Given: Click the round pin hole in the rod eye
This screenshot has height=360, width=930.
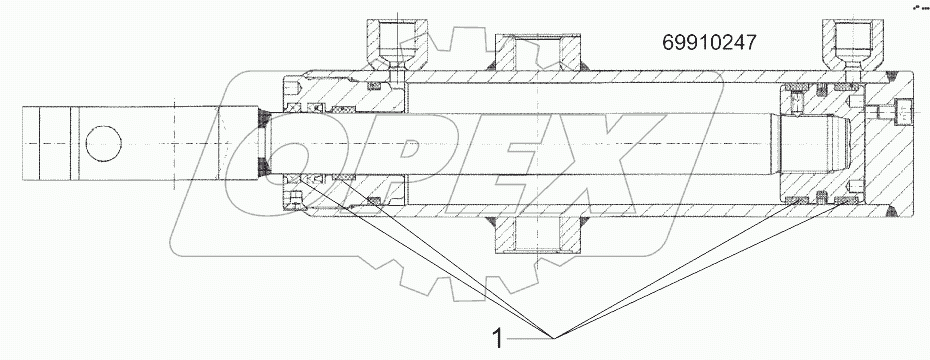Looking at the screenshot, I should (102, 144).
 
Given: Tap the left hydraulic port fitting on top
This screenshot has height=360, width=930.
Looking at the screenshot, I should (396, 45).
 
